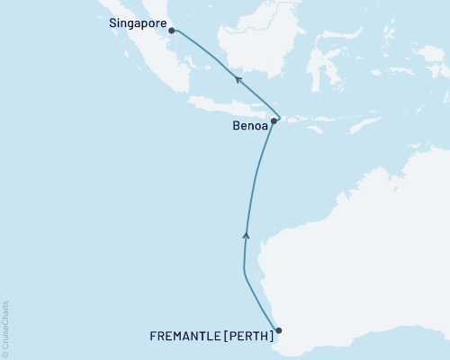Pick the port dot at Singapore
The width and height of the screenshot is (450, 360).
click(x=170, y=30)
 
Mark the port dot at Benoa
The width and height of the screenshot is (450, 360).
click(x=274, y=121)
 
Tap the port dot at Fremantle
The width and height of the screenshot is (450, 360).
click(x=278, y=330)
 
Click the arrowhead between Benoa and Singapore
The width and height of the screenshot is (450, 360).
click(x=237, y=79)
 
